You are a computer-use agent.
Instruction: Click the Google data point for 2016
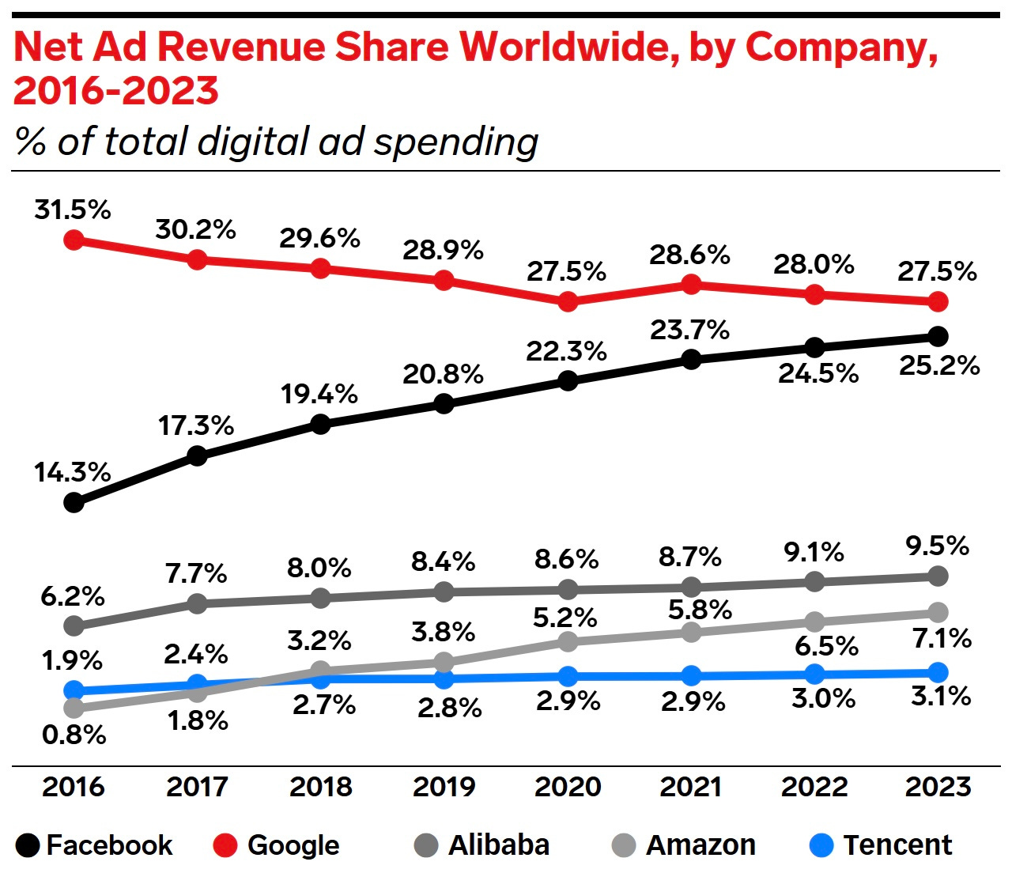[74, 240]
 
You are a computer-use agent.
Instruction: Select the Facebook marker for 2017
[197, 455]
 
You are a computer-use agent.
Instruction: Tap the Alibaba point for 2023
[938, 576]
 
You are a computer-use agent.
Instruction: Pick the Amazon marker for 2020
[567, 641]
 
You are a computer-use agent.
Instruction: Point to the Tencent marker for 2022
[814, 675]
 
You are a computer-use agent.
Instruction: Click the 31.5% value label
[73, 210]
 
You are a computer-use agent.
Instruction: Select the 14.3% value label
[73, 473]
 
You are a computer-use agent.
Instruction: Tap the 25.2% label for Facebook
[939, 366]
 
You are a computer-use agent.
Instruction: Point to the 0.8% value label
[74, 735]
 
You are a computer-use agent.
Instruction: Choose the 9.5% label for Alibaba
[938, 546]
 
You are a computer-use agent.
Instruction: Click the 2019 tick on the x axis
[444, 787]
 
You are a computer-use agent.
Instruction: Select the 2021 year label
[691, 787]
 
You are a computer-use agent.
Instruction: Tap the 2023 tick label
[938, 787]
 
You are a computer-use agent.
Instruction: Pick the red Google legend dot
[225, 846]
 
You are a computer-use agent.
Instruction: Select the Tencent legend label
[897, 845]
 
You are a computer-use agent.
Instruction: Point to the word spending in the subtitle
[456, 142]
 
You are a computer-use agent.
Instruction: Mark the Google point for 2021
[691, 284]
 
